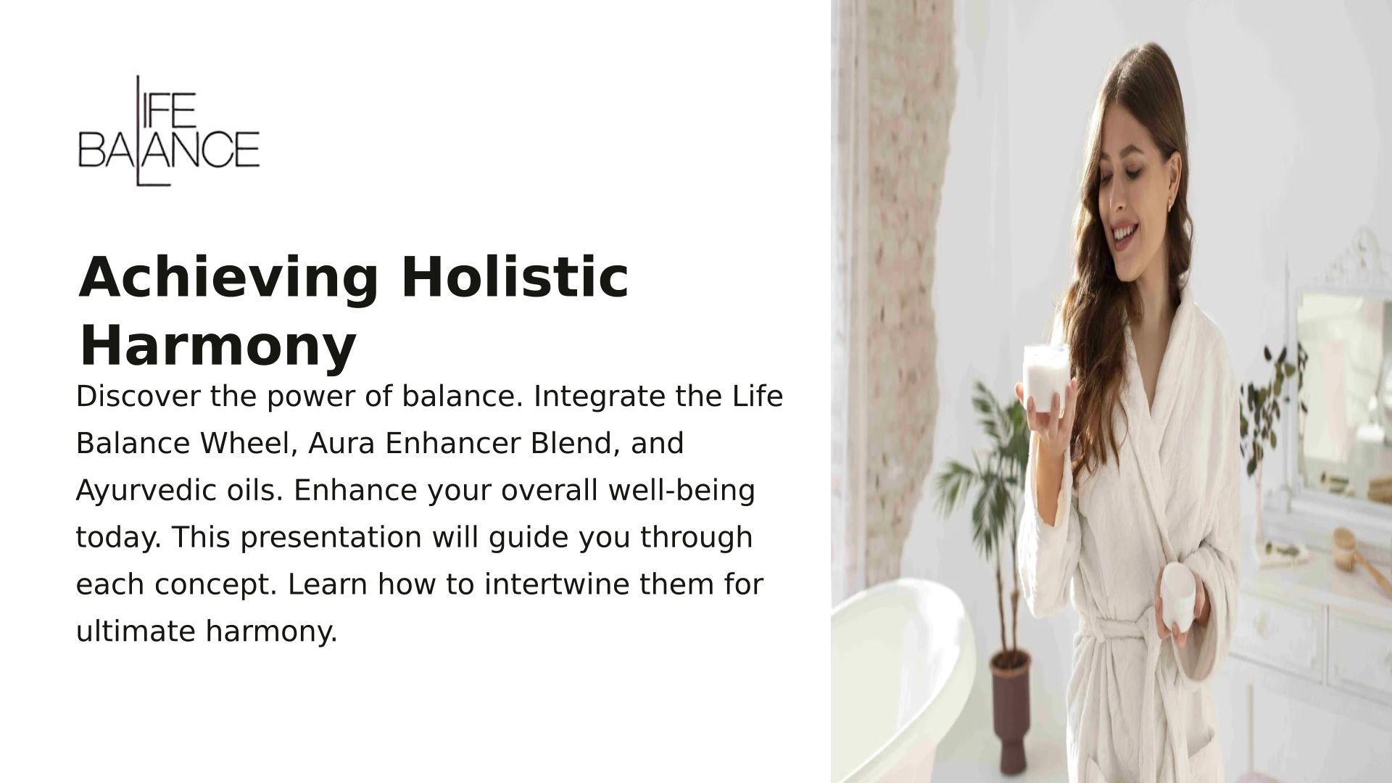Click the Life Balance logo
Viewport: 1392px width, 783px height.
tap(168, 131)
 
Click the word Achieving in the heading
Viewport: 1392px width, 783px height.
tap(228, 278)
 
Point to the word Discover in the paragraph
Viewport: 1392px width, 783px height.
tap(137, 396)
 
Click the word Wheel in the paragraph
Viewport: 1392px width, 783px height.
tap(249, 443)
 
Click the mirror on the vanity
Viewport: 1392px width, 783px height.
tap(1341, 391)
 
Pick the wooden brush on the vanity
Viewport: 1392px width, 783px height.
tap(1360, 555)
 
